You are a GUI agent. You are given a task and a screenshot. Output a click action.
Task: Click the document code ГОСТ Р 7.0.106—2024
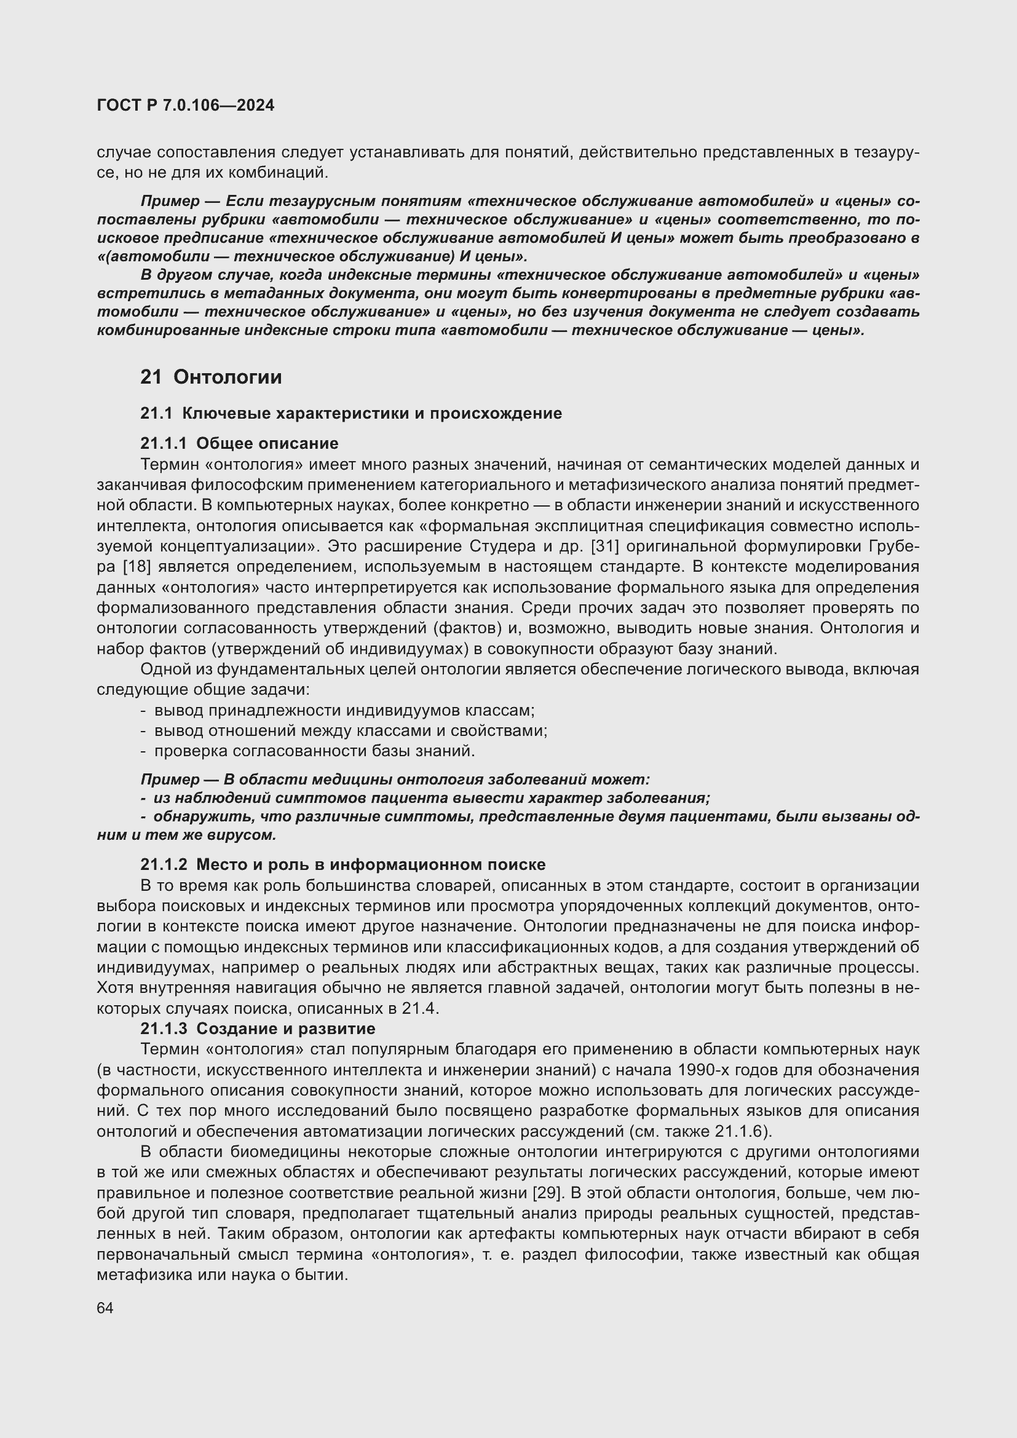[x=185, y=105]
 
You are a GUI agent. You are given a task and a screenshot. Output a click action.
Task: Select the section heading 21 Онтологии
[x=211, y=377]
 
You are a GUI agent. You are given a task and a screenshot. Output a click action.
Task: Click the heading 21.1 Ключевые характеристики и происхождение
[x=350, y=413]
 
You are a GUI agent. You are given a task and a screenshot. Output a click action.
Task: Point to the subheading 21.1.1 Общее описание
[x=239, y=443]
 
